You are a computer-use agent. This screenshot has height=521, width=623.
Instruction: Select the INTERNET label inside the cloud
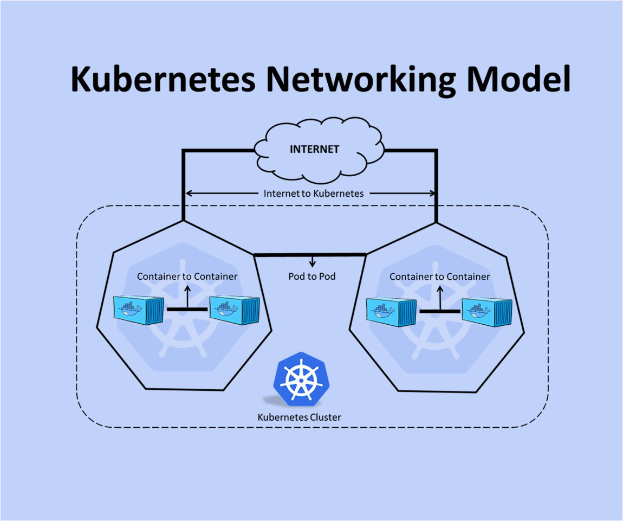314,149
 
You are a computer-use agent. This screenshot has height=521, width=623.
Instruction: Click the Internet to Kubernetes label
314,193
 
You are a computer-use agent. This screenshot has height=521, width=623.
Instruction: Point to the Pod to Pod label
311,276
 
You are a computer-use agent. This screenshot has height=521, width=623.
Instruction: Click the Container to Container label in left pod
187,276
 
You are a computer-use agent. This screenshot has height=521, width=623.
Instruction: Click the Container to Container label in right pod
439,276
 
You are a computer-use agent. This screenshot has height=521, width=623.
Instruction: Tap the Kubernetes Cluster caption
299,417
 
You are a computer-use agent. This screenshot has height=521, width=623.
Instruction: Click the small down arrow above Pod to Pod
312,262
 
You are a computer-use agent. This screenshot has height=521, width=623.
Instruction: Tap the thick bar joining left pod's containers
187,309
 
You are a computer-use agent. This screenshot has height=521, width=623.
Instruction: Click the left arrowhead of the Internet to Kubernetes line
189,193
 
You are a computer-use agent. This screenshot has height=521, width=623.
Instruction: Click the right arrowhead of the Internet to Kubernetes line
433,193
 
